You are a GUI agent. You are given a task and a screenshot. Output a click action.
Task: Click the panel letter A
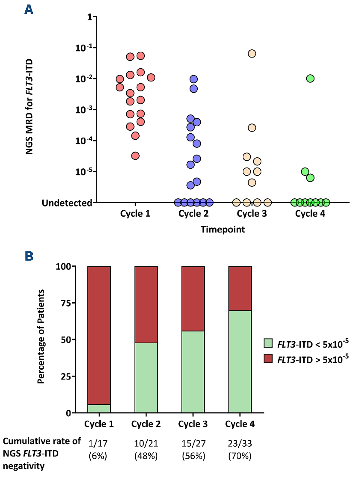pyautogui.click(x=29, y=10)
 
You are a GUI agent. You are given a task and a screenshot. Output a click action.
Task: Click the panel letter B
pyautogui.click(x=29, y=256)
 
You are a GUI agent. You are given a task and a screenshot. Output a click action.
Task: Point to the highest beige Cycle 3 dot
pyautogui.click(x=252, y=54)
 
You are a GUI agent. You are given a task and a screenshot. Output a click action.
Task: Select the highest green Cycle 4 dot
pyautogui.click(x=310, y=79)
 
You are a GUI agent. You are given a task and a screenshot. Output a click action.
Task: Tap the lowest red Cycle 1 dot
pyautogui.click(x=135, y=156)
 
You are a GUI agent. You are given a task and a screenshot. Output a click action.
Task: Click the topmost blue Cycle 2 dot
pyautogui.click(x=193, y=79)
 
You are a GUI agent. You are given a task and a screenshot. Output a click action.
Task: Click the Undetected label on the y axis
pyautogui.click(x=67, y=203)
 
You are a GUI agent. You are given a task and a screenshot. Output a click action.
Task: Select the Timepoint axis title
pyautogui.click(x=223, y=230)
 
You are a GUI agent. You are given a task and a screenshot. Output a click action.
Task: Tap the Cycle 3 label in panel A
pyautogui.click(x=252, y=214)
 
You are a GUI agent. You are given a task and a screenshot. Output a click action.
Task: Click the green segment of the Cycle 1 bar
pyautogui.click(x=99, y=408)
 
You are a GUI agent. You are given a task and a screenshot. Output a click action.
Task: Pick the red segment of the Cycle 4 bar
pyautogui.click(x=240, y=288)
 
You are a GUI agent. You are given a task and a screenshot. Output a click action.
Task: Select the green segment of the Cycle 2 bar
pyautogui.click(x=146, y=378)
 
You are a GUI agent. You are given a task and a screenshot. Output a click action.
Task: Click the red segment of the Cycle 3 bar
pyautogui.click(x=193, y=298)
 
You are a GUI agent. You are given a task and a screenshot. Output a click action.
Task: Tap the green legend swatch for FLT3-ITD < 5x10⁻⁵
pyautogui.click(x=268, y=343)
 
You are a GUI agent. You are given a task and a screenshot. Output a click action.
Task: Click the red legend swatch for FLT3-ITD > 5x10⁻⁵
pyautogui.click(x=268, y=358)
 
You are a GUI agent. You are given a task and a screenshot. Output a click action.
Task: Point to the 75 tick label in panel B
pyautogui.click(x=66, y=303)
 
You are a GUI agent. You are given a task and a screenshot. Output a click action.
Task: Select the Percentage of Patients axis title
pyautogui.click(x=41, y=337)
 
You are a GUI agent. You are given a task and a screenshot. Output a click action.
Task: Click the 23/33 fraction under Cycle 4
pyautogui.click(x=240, y=443)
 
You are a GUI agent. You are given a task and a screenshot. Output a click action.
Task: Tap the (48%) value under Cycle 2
pyautogui.click(x=146, y=456)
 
